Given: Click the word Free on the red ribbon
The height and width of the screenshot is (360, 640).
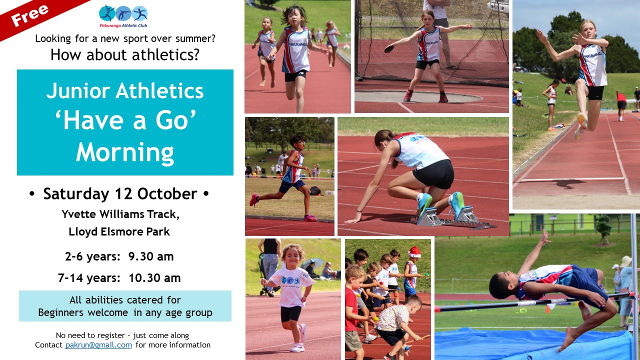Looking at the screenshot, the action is (29, 15).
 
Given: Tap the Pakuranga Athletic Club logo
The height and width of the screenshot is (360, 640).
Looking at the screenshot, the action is (123, 16).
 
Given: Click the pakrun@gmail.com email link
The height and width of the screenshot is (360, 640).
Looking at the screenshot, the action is (98, 345).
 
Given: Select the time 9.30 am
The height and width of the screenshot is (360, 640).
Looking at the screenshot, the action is (151, 256).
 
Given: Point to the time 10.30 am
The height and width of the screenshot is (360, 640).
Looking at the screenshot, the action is (154, 277).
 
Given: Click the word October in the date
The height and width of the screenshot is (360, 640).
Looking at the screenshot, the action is (167, 194).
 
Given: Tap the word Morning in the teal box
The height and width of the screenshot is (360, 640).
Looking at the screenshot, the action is (125, 152).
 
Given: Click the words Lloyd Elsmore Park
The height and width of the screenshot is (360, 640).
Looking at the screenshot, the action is (119, 231).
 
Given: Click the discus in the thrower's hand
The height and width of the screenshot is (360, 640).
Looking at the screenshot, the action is (389, 49).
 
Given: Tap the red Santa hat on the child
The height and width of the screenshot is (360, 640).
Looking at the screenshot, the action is (414, 252).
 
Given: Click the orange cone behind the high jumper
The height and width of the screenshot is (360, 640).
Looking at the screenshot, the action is (547, 308).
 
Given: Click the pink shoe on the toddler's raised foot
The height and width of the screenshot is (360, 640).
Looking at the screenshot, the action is (302, 333).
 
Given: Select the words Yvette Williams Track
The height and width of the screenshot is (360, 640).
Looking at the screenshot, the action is (120, 214).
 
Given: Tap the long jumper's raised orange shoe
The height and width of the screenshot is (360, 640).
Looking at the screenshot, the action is (581, 120).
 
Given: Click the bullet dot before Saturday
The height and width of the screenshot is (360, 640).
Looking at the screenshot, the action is (31, 194).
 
